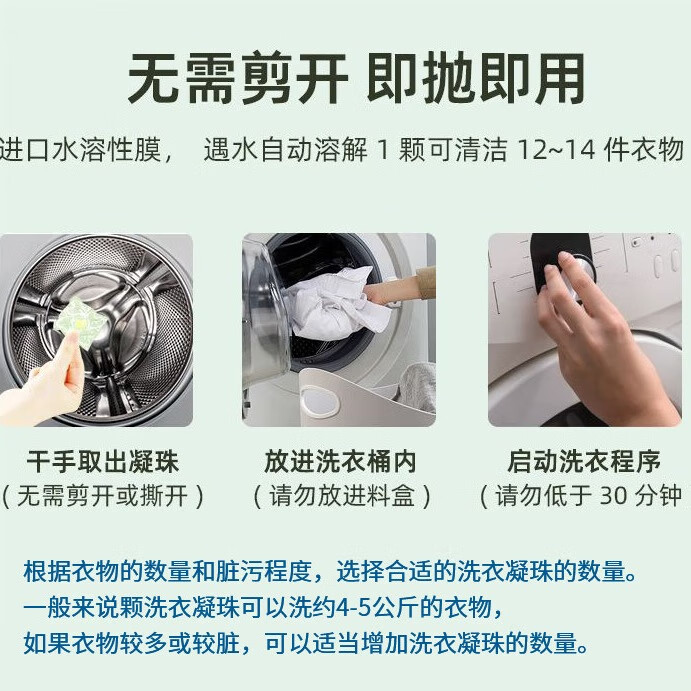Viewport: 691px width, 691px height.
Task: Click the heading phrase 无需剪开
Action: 238,79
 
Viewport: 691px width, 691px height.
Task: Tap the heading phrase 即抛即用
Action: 476,79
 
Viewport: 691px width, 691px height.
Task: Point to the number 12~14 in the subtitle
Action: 556,150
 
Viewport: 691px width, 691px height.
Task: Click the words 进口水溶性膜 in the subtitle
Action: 80,150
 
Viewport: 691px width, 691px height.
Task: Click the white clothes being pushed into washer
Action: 336,303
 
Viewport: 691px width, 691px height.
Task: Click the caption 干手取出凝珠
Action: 103,461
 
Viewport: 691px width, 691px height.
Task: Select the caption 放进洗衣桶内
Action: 340,461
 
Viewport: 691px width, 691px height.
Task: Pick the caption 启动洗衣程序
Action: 583,461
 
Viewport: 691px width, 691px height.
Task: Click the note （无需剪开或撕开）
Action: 103,496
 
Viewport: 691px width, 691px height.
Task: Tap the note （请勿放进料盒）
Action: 342,496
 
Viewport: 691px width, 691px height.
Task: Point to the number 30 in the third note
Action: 614,496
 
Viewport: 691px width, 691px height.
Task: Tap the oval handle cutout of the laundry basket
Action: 320,401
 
